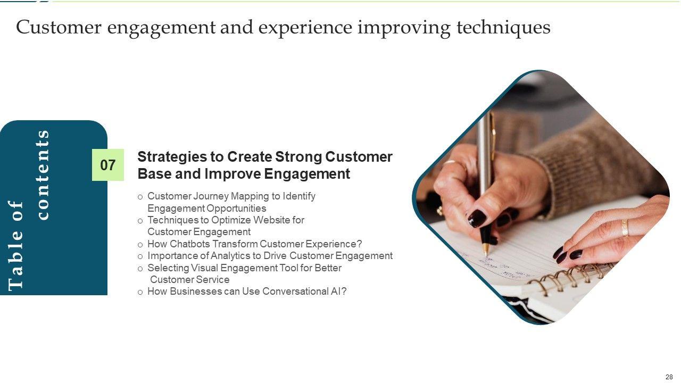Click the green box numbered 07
point(108,165)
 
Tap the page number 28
point(669,377)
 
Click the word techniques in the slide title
point(503,28)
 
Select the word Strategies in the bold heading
point(172,157)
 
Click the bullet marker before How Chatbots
point(140,245)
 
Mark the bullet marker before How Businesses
point(140,293)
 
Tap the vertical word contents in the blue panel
point(43,175)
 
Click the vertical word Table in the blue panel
point(15,268)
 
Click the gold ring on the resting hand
point(625,228)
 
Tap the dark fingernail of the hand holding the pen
point(477,218)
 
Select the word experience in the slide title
point(305,28)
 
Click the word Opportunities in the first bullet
point(236,209)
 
